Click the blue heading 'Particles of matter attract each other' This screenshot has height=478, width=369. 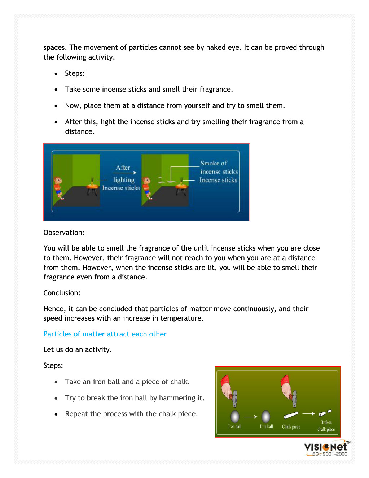pyautogui.click(x=105, y=334)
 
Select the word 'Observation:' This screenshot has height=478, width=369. pyautogui.click(x=64, y=233)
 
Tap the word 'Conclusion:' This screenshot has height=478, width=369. pyautogui.click(x=62, y=293)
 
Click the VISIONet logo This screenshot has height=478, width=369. pyautogui.click(x=326, y=447)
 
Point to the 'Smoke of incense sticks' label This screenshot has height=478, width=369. pyautogui.click(x=219, y=167)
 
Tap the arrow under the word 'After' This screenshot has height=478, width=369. pyautogui.click(x=124, y=173)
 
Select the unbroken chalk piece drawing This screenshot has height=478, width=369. pyautogui.click(x=291, y=415)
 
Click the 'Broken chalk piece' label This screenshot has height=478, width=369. pyautogui.click(x=326, y=426)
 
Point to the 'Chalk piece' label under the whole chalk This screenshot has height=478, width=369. pyautogui.click(x=291, y=427)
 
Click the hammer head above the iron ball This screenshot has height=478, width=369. pyautogui.click(x=234, y=397)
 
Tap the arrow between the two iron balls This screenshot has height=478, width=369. pyautogui.click(x=251, y=417)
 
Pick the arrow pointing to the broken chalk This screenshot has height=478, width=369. pyautogui.click(x=308, y=414)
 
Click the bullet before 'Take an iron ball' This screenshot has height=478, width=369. pyautogui.click(x=56, y=382)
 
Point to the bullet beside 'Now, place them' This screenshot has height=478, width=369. pyautogui.click(x=56, y=106)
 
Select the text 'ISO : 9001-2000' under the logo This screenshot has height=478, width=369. pyautogui.click(x=329, y=454)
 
